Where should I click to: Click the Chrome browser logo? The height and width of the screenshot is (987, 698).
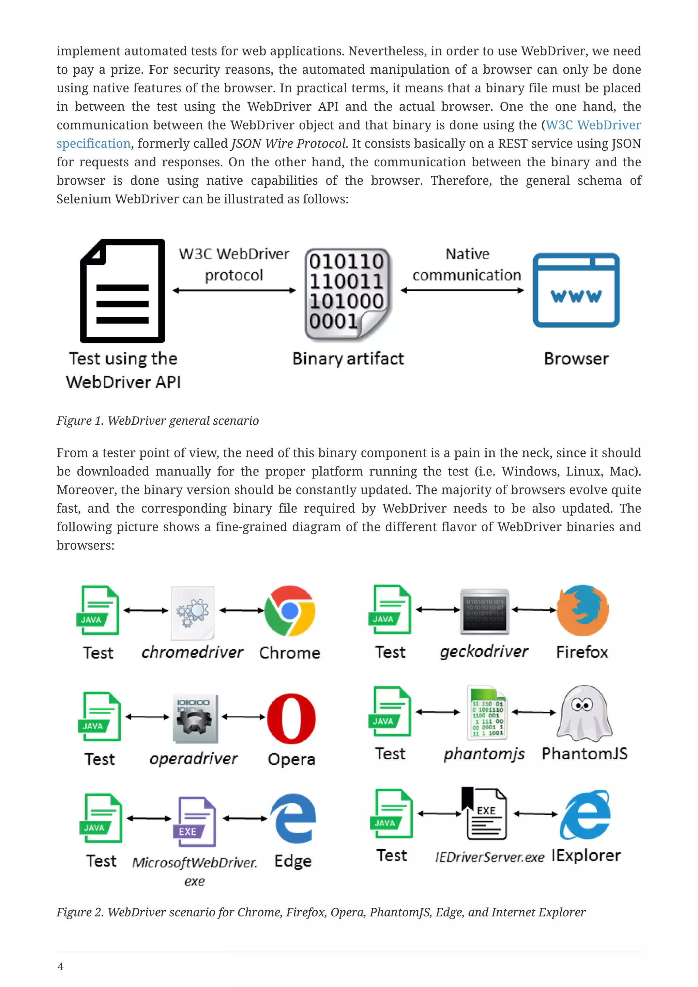tap(290, 610)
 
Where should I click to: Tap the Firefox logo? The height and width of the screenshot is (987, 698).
tap(582, 610)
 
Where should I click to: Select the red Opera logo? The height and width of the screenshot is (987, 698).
tap(291, 718)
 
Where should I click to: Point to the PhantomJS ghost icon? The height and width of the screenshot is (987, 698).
tap(584, 713)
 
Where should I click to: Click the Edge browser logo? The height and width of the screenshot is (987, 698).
tap(293, 818)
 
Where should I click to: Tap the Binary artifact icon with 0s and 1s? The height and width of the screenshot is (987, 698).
tap(347, 294)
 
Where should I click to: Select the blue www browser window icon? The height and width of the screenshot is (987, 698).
tap(576, 290)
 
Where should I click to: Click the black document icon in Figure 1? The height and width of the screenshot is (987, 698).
tap(122, 291)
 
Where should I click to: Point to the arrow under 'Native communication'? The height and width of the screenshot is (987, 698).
tap(462, 291)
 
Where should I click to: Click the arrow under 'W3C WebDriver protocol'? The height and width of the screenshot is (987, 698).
tap(234, 291)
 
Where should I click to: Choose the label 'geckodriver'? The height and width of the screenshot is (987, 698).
tap(484, 652)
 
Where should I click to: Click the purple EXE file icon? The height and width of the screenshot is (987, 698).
tap(195, 821)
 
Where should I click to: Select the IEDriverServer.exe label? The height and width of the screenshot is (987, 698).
tap(489, 857)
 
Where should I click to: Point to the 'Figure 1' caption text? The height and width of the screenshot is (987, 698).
tap(157, 421)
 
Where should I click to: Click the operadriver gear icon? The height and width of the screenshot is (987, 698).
tap(195, 718)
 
